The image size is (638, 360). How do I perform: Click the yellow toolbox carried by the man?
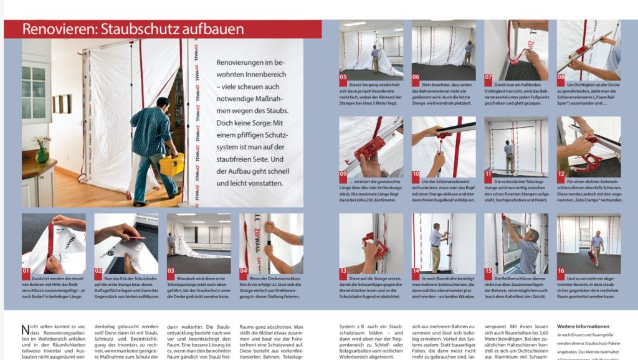(172, 164)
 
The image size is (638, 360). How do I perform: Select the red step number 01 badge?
(26, 272)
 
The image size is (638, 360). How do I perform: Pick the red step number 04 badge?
(244, 272)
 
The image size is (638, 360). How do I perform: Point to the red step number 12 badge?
(561, 174)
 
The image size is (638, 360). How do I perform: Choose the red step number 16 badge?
(561, 272)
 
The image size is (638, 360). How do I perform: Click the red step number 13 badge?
(344, 272)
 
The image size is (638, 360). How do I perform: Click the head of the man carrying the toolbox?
(163, 103)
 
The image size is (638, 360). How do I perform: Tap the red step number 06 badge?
(416, 78)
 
